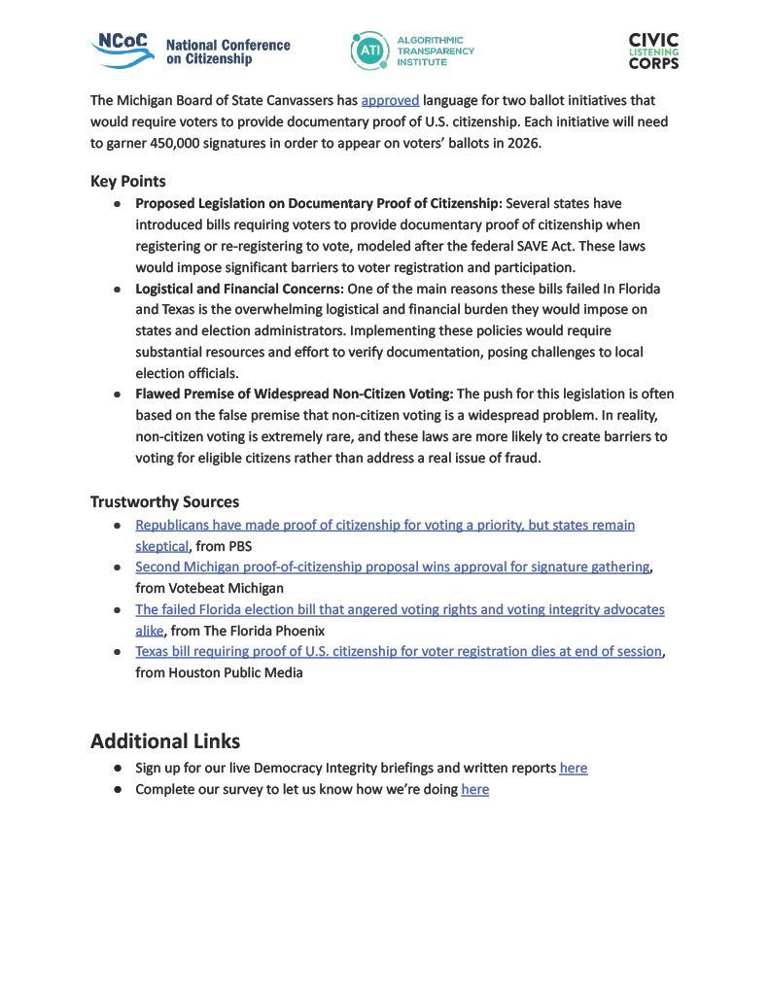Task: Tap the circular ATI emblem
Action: pyautogui.click(x=369, y=51)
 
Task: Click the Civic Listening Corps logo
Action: pyautogui.click(x=653, y=51)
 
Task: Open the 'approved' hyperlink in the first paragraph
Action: pyautogui.click(x=390, y=100)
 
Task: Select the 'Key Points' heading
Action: pyautogui.click(x=128, y=182)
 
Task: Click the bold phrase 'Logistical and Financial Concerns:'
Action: pyautogui.click(x=239, y=289)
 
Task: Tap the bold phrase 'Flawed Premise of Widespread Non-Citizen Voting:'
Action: pyautogui.click(x=295, y=394)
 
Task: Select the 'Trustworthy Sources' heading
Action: pyautogui.click(x=164, y=502)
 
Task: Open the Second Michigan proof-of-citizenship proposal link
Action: pyautogui.click(x=392, y=566)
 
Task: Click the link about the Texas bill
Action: pyautogui.click(x=399, y=651)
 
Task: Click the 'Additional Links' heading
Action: pyautogui.click(x=165, y=741)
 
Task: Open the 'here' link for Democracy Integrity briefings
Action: pyautogui.click(x=574, y=768)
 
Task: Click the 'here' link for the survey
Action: pyautogui.click(x=475, y=789)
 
